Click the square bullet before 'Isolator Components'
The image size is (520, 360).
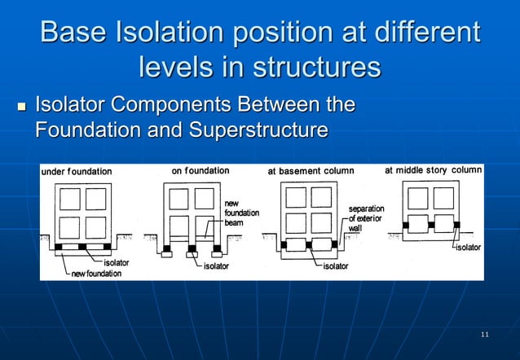coord(21,108)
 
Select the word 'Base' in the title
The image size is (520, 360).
coord(73,33)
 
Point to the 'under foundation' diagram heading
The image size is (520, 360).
coord(78,172)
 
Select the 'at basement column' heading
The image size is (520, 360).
coord(311,172)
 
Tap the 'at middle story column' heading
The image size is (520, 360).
coord(433,170)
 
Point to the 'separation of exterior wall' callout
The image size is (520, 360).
coord(366,219)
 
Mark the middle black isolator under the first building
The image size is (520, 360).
coord(82,245)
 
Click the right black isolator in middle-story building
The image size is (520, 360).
coord(456,224)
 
